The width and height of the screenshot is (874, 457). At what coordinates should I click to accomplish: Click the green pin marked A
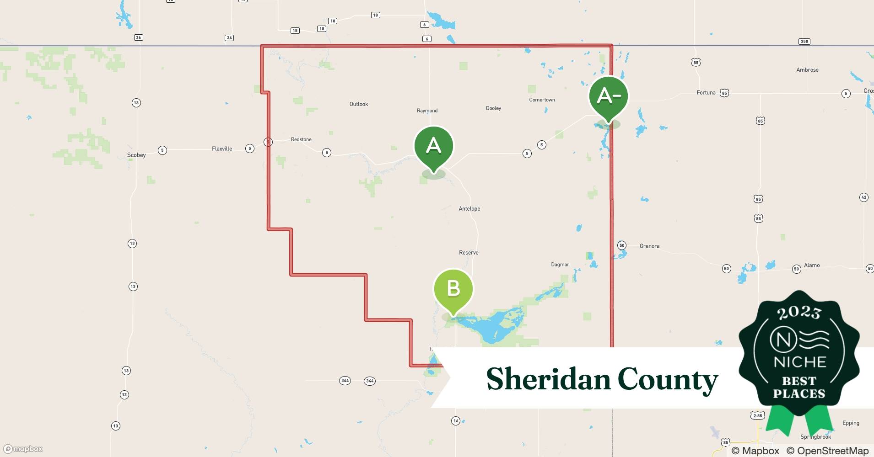pos(433,146)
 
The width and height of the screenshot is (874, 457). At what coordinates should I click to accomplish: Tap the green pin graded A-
pos(608,96)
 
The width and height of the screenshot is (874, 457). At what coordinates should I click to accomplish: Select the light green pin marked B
pos(453,289)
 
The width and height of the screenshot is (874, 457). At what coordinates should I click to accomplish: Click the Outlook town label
pos(358,104)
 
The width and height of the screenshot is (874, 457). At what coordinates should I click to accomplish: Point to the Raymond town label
pos(427,111)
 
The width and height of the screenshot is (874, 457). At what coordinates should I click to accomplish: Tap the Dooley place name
pos(493,108)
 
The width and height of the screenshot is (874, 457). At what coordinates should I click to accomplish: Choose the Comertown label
pos(542,100)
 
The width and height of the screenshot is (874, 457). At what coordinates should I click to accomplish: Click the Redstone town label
pos(301,139)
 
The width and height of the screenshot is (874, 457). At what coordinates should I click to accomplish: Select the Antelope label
pos(469,209)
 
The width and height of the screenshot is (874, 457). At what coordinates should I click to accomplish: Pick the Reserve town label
pos(469,253)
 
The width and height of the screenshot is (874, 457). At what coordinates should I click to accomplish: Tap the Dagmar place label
pos(560,265)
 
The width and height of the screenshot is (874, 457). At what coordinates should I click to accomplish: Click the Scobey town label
pos(136,155)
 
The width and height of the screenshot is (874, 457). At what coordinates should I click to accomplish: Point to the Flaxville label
pos(222,149)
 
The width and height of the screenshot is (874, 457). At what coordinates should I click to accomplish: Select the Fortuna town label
pos(706,93)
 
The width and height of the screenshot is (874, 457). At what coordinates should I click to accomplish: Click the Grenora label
pos(649,246)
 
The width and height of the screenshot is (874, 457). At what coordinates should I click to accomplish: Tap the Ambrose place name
pos(807,70)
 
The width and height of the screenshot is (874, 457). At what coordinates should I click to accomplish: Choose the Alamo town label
pos(812,266)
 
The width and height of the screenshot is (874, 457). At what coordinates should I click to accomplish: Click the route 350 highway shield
pos(804,42)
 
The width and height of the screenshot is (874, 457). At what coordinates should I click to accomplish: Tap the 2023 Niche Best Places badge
pos(799,356)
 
